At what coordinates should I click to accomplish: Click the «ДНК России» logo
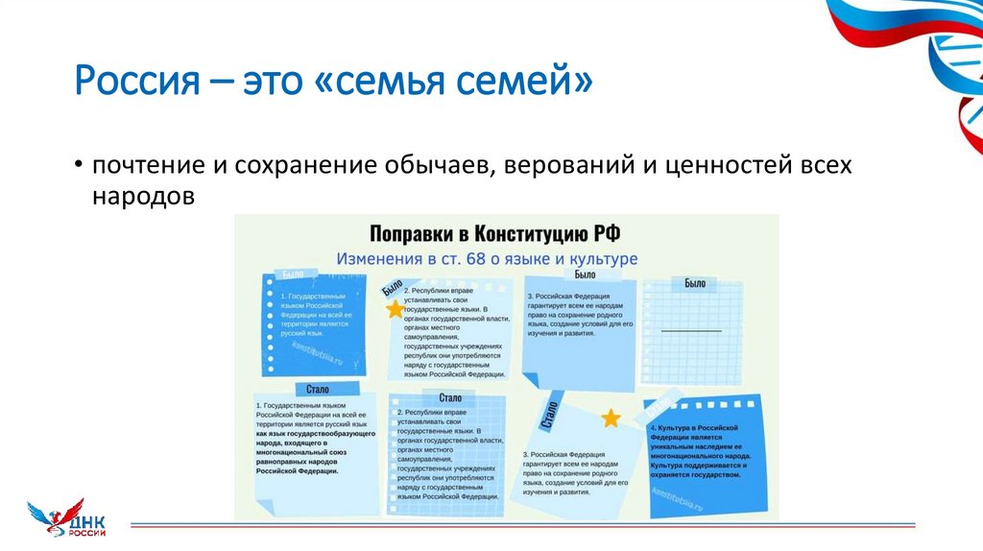(66, 520)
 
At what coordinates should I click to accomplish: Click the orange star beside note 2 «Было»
(395, 309)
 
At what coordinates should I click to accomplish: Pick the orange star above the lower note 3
(611, 418)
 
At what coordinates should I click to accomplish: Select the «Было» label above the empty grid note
(695, 283)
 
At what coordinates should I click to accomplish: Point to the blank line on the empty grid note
(691, 330)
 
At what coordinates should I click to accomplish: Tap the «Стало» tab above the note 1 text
(318, 389)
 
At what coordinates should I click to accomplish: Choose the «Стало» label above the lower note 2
(450, 397)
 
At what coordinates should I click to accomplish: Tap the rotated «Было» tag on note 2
(391, 287)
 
